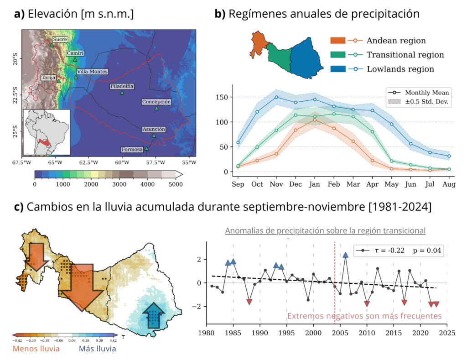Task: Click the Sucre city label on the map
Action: point(60,40)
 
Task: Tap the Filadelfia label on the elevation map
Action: point(122,86)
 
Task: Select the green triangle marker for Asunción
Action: point(154,136)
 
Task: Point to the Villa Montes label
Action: point(93,72)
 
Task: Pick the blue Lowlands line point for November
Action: point(276,97)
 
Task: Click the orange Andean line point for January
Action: point(315,120)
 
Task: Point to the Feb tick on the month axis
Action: point(334,184)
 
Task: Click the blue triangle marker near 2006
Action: point(346,255)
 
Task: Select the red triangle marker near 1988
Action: point(249,302)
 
